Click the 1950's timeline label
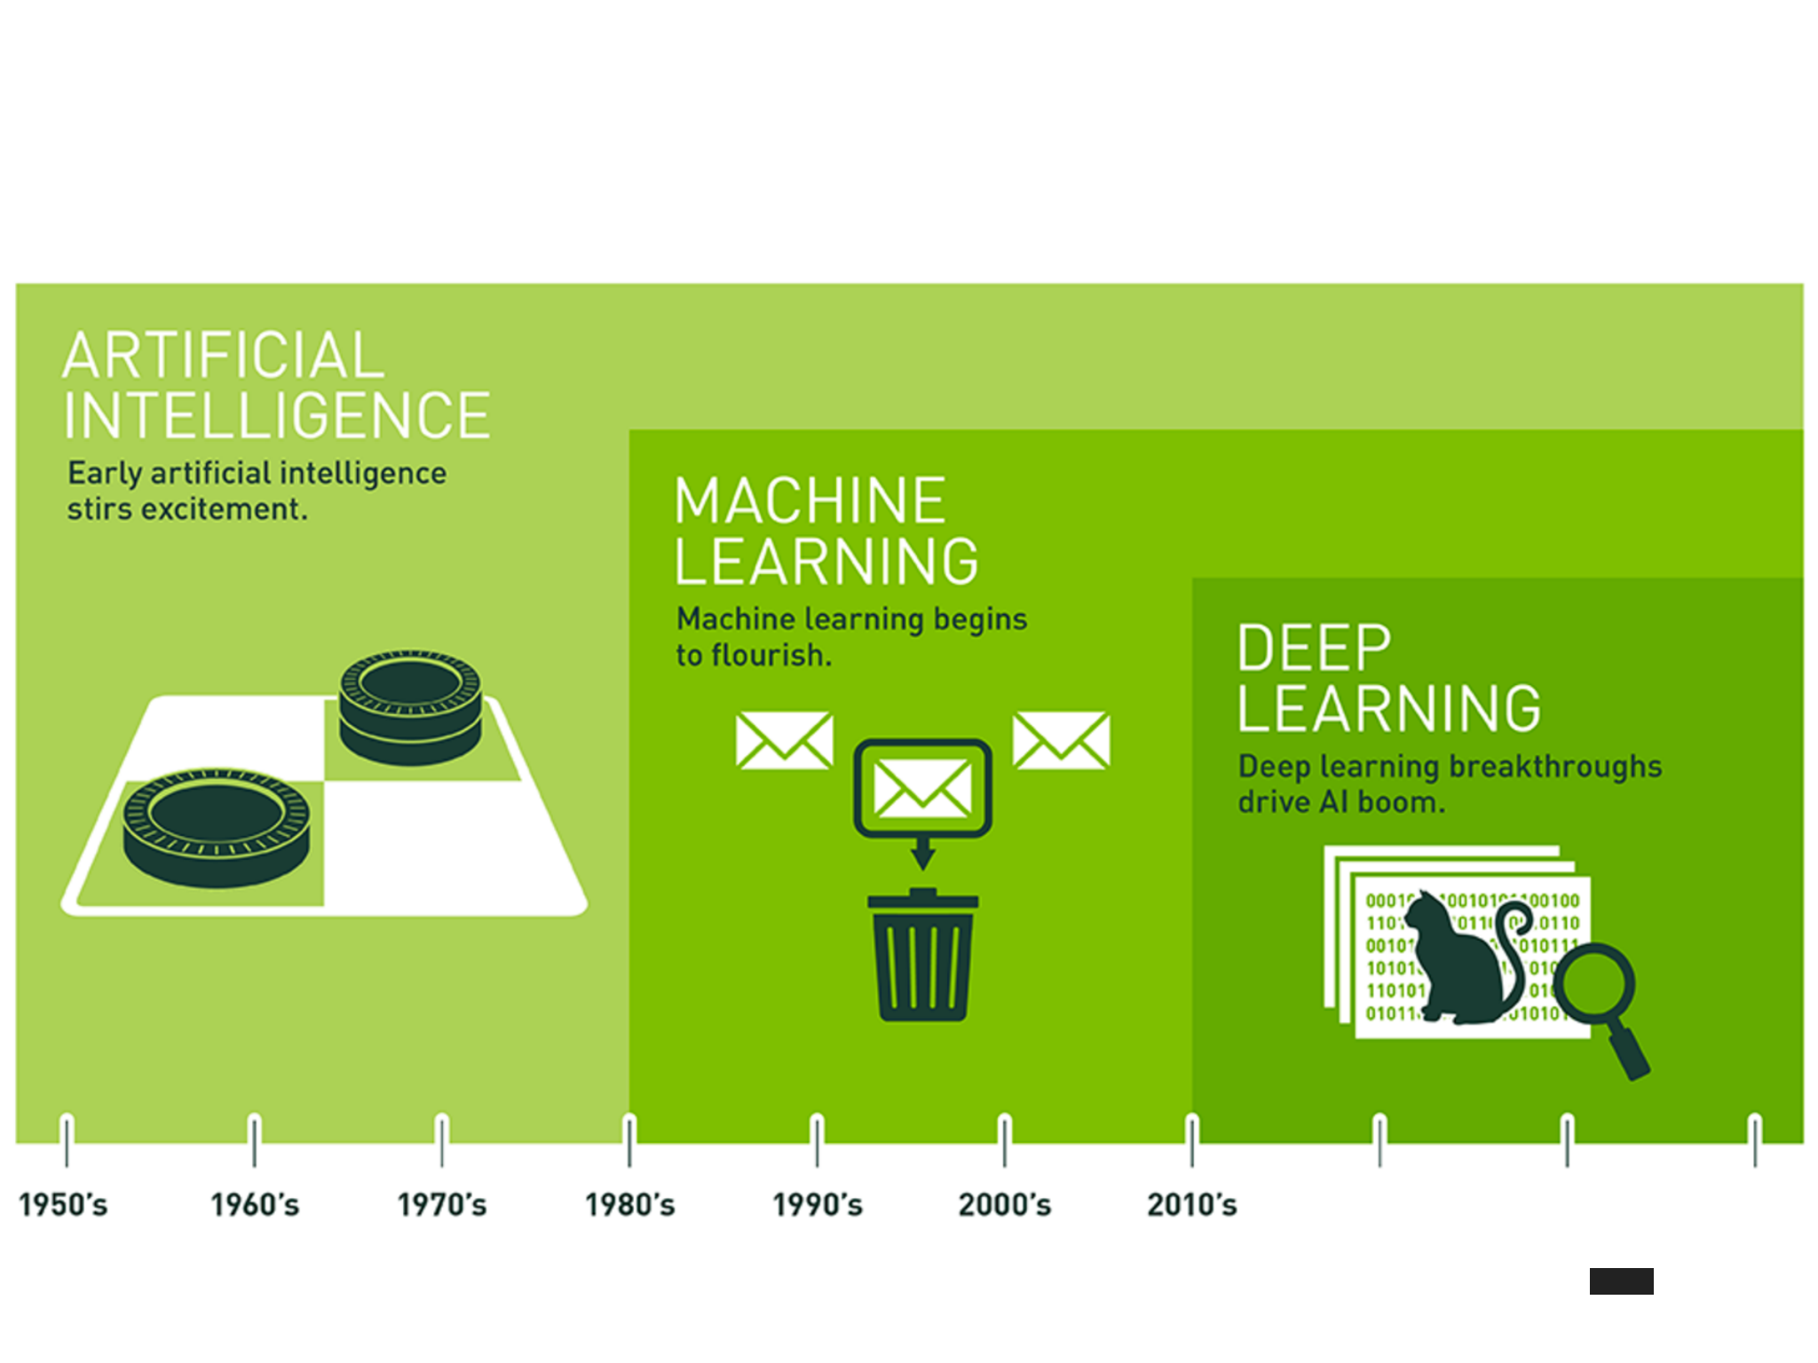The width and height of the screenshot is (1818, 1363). tap(63, 1204)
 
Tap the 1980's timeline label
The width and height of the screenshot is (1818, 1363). tap(629, 1204)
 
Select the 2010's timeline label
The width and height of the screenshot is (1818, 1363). tap(1191, 1204)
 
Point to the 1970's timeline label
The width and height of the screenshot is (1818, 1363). tap(441, 1204)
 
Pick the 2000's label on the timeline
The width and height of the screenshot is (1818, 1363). tap(1004, 1204)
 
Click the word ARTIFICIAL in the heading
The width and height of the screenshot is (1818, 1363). tap(223, 356)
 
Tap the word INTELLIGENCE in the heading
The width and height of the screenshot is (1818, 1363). tap(276, 415)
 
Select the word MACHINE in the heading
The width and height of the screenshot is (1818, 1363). tap(810, 501)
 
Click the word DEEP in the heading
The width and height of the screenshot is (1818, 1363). tap(1314, 649)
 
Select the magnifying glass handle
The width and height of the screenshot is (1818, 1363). tap(1629, 1051)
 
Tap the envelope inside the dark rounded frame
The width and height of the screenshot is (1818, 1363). tap(922, 789)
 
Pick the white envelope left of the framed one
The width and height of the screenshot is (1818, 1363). tap(784, 740)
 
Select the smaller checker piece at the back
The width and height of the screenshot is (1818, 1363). tap(410, 705)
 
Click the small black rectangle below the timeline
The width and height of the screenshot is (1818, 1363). tap(1621, 1280)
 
